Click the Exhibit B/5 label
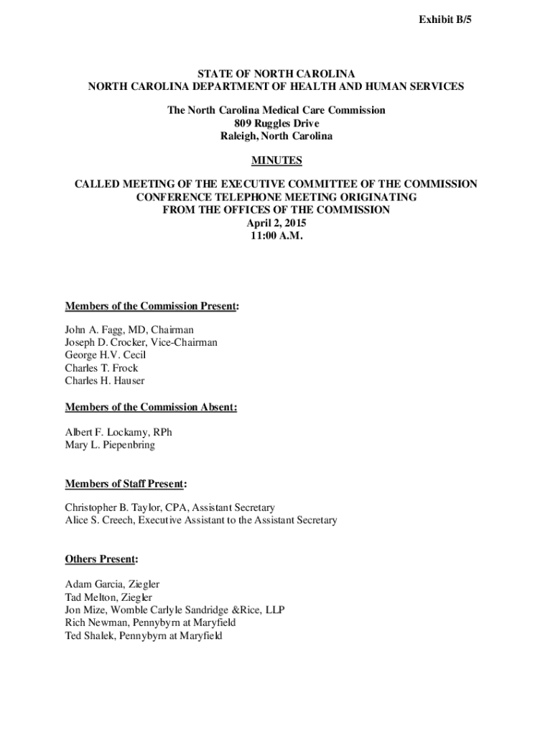tap(446, 22)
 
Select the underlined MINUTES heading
tap(276, 160)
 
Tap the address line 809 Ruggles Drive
tap(276, 123)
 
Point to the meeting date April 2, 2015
tap(276, 223)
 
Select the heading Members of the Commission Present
tap(152, 306)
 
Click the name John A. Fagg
tap(93, 330)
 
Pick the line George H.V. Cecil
tap(106, 355)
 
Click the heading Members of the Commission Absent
tap(151, 407)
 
